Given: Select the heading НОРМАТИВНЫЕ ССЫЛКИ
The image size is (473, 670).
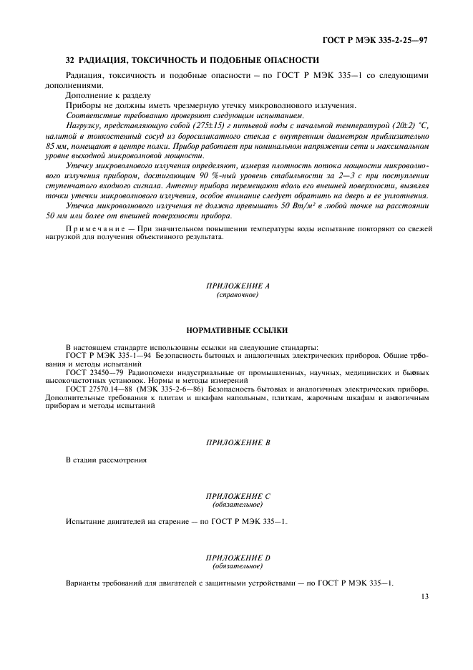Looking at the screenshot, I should tap(236, 331).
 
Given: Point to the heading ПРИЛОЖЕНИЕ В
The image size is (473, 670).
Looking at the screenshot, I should tap(236, 443).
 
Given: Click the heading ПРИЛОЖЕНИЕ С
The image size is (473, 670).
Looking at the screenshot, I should tap(236, 495).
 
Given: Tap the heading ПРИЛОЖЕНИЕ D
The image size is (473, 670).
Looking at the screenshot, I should tap(236, 556).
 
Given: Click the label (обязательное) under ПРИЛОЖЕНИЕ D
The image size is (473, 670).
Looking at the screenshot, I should tap(236, 565).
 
